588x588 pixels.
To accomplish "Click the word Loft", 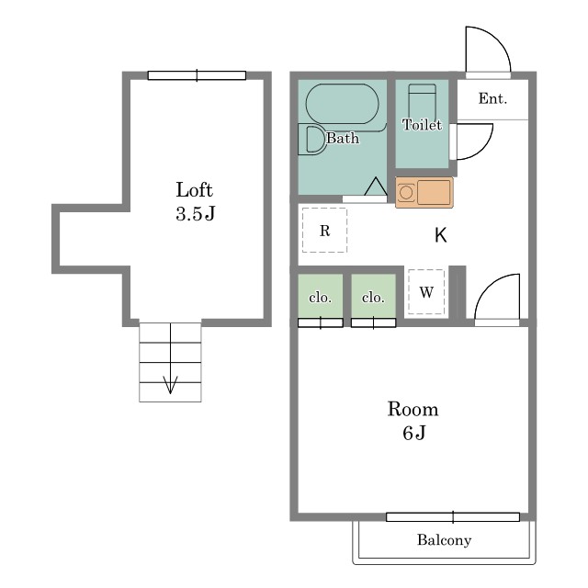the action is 194,190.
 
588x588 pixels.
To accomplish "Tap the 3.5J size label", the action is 196,213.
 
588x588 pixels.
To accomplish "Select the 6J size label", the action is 414,433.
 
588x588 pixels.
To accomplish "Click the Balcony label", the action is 445,540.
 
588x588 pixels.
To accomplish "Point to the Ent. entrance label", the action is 492,98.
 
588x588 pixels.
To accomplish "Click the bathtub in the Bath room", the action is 343,104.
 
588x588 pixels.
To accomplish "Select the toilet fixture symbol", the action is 423,101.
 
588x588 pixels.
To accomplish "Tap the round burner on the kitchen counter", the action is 406,193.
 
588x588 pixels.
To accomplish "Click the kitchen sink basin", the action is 434,192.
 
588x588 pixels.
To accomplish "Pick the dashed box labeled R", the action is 324,231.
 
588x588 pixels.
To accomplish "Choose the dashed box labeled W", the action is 426,292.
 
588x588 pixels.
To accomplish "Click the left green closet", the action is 321,296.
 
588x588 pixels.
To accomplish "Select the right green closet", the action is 374,296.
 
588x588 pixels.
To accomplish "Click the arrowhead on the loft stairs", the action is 170,385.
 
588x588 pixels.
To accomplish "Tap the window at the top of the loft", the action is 197,75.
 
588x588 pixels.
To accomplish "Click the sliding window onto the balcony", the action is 453,517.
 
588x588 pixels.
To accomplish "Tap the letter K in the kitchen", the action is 441,235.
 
